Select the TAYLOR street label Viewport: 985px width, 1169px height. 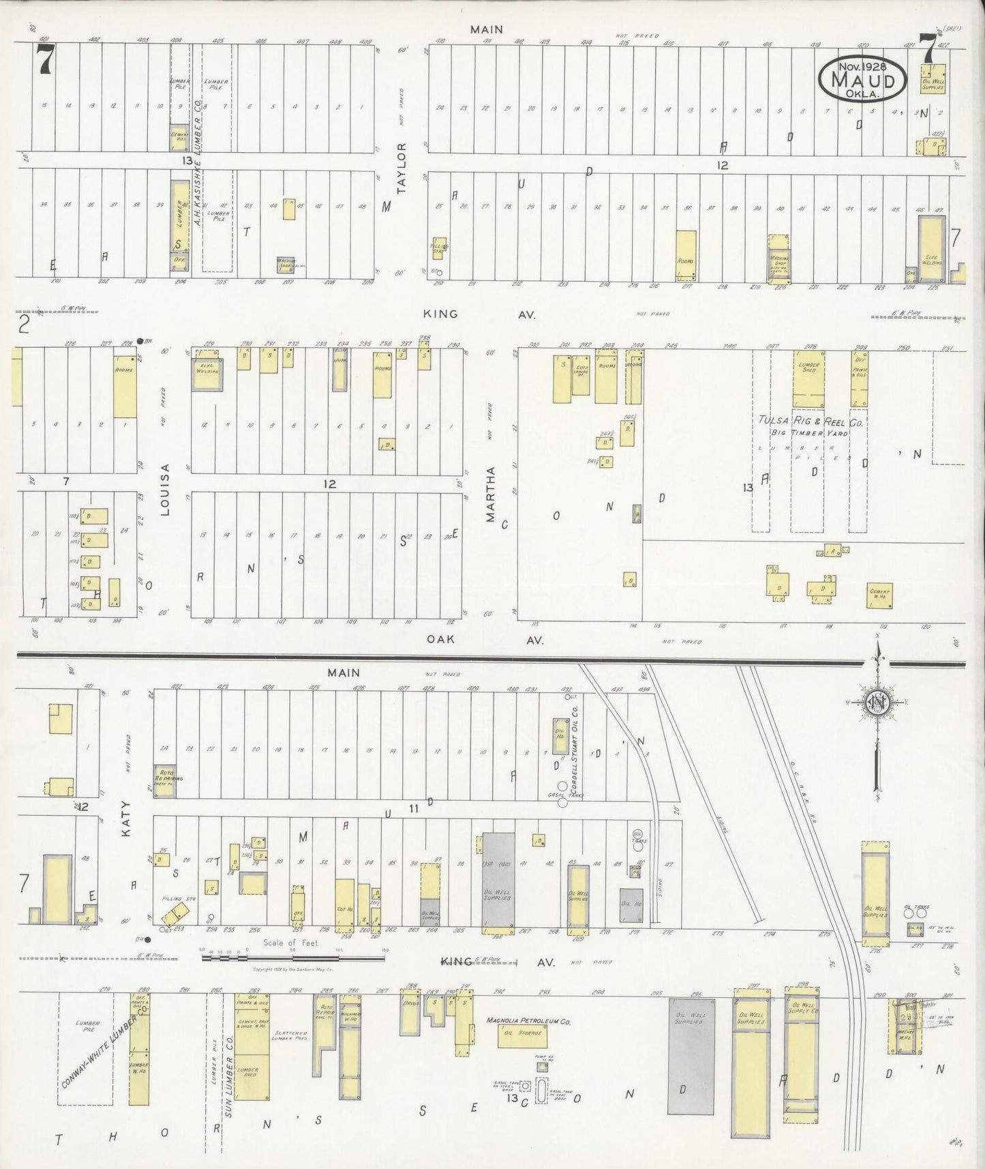(402, 168)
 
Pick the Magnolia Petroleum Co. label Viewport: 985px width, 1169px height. (528, 1022)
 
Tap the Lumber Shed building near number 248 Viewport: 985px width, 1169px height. (808, 379)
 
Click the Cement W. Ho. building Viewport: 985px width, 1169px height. (880, 594)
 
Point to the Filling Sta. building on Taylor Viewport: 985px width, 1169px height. (438, 250)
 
